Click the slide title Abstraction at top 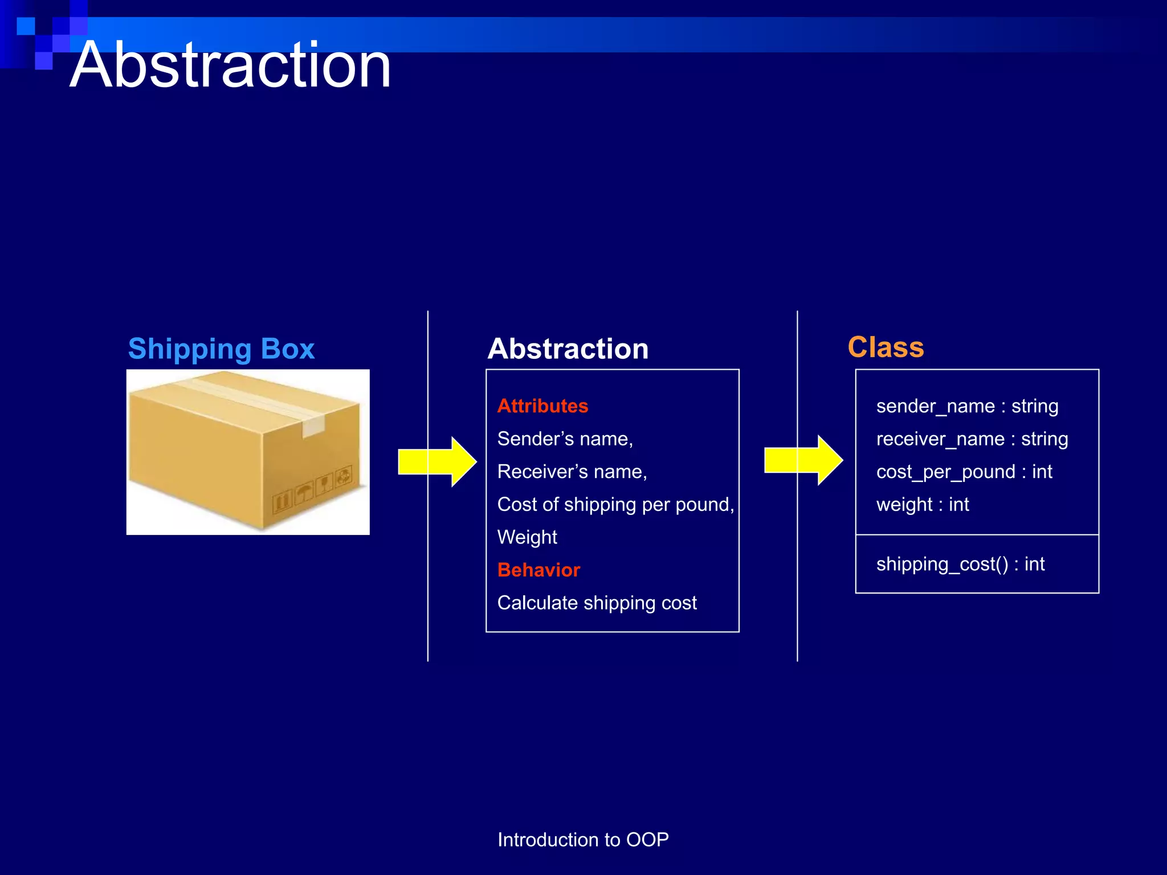tap(230, 65)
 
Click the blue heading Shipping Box tap(221, 349)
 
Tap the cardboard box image tap(248, 452)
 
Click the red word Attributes tap(542, 406)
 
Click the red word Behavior tap(538, 570)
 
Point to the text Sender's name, tap(565, 439)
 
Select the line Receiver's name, tap(572, 472)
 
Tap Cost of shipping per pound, tap(615, 505)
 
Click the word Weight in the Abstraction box tap(527, 537)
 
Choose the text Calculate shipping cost tap(597, 603)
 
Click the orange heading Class tap(886, 347)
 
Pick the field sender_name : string tap(967, 406)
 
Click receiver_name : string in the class tap(972, 439)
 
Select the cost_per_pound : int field tap(964, 472)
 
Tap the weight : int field tap(923, 505)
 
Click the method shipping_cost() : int tap(960, 564)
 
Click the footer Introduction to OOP tap(583, 840)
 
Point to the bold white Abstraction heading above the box tap(568, 349)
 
